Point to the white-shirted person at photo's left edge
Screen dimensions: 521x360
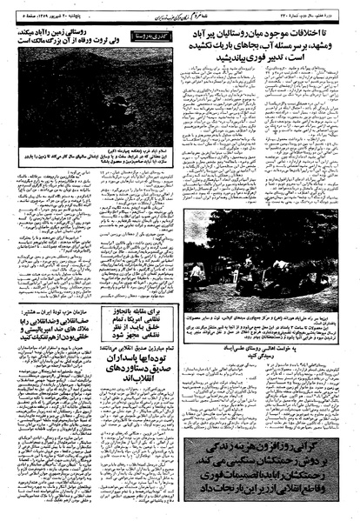[193, 261]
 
